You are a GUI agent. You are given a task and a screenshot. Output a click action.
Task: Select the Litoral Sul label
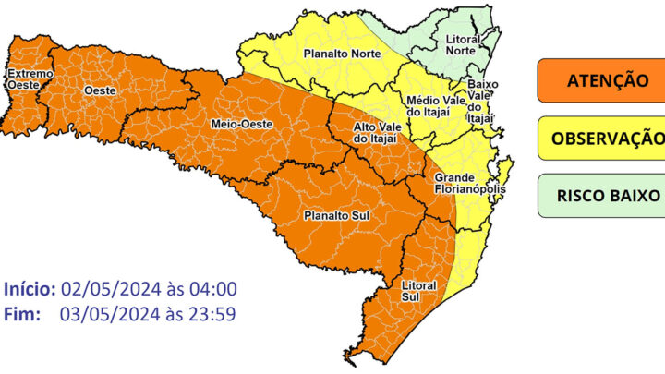(x=418, y=291)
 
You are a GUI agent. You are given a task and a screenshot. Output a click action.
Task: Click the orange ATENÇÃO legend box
(x=600, y=81)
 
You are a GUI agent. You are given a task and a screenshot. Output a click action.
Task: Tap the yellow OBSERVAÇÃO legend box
(x=601, y=139)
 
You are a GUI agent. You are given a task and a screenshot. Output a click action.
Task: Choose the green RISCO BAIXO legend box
(x=601, y=196)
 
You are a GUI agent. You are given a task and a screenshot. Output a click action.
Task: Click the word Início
(x=30, y=288)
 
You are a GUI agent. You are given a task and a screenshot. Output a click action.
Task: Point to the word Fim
(x=21, y=314)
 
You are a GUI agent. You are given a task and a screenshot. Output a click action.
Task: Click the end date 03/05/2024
(x=103, y=314)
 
